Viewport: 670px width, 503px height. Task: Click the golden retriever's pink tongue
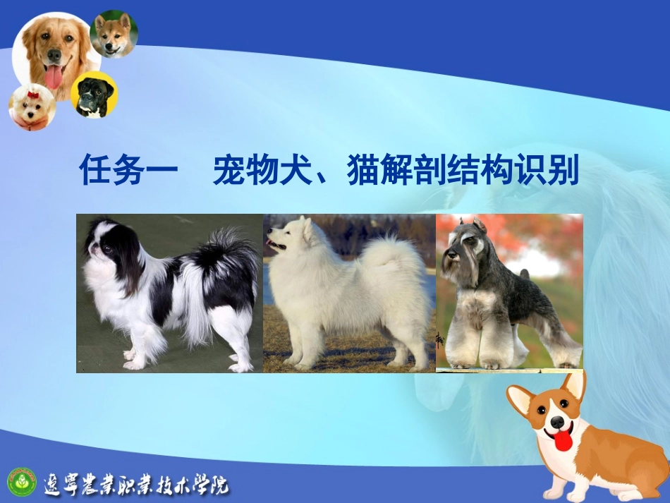[54, 75]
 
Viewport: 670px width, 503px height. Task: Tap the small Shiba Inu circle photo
[114, 34]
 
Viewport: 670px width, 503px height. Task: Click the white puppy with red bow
[32, 107]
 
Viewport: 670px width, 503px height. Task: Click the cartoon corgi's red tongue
[563, 440]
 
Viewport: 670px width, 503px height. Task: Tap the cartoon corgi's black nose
[558, 422]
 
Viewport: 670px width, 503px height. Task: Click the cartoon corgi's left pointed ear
[520, 400]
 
